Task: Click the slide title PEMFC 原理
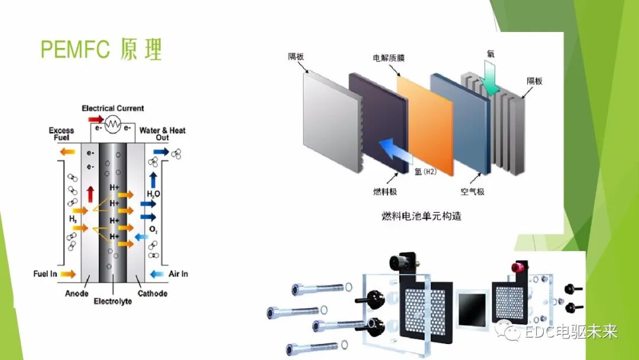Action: tap(101, 50)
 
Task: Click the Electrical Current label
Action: tap(112, 108)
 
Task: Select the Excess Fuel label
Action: tap(61, 134)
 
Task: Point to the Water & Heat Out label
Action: tap(162, 134)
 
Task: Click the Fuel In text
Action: tap(46, 274)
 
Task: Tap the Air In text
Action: tap(177, 274)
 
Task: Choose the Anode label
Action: tap(77, 294)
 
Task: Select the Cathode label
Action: tap(152, 294)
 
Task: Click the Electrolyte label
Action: tap(112, 302)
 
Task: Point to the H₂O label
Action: tap(153, 194)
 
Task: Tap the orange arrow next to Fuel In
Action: tap(69, 274)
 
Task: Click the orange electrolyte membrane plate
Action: tap(425, 124)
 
